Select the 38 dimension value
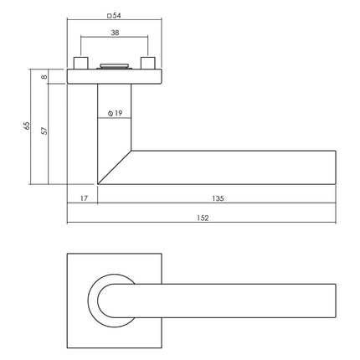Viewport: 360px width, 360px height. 114,34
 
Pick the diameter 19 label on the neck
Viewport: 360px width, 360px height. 118,112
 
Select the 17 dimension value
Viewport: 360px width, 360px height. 82,199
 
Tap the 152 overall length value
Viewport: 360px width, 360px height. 201,218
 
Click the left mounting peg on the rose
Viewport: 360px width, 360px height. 81,64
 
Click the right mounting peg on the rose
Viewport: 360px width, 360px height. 148,64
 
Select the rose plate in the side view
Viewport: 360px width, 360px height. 114,77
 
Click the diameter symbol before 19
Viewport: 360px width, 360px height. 111,112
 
